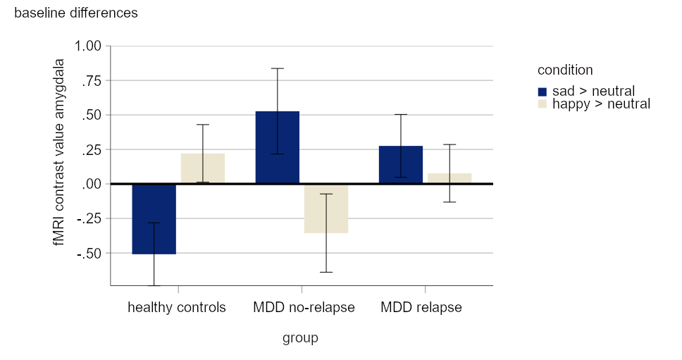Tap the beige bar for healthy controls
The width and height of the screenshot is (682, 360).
click(x=203, y=169)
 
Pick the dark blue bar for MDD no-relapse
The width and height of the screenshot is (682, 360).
click(x=277, y=147)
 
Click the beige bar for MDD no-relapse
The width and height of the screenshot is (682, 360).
click(x=326, y=209)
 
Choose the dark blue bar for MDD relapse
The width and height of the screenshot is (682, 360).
click(x=400, y=165)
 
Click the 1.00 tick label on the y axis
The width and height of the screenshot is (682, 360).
click(x=88, y=46)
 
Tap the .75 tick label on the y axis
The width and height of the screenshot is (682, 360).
click(x=92, y=80)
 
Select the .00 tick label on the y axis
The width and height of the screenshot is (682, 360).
click(x=92, y=184)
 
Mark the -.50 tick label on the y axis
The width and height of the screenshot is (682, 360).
click(x=90, y=253)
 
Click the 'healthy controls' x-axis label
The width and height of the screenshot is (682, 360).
click(x=177, y=308)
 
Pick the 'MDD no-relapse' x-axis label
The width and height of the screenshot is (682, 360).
click(x=304, y=308)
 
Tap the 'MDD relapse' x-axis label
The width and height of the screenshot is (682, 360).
click(x=421, y=308)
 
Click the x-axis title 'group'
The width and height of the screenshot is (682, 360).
click(x=300, y=338)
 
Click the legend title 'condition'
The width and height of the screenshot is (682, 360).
click(x=564, y=70)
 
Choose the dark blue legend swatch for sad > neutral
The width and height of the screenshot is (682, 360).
click(x=542, y=92)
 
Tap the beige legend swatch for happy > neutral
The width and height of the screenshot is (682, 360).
click(x=542, y=104)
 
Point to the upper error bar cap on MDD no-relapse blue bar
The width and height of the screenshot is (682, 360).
click(x=277, y=68)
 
